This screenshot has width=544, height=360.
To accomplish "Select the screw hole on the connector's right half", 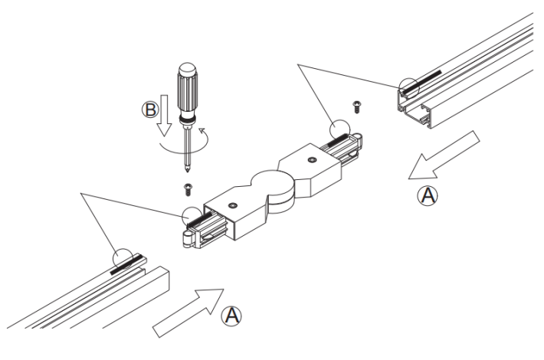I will pos(310,160).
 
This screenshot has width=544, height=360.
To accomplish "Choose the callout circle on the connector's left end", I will pos(192,217).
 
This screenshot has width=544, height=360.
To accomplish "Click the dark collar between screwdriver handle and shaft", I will pos(186,120).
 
